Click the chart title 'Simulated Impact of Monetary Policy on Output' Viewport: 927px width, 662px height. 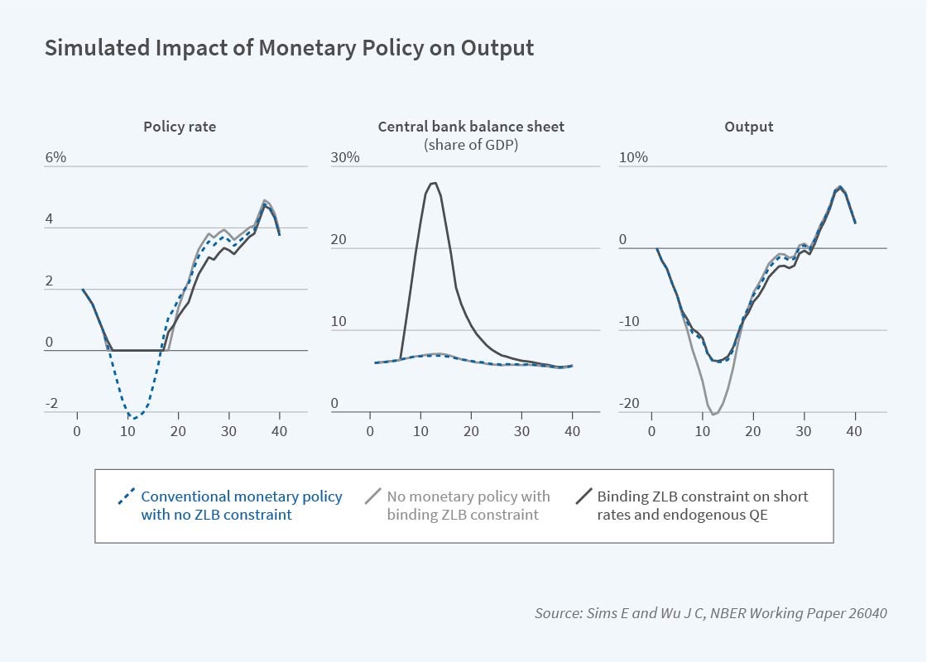pyautogui.click(x=289, y=49)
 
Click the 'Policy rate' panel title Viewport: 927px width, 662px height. pyautogui.click(x=180, y=127)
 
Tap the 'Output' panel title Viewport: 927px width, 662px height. pyautogui.click(x=748, y=127)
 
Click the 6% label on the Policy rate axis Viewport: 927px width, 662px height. pyautogui.click(x=55, y=157)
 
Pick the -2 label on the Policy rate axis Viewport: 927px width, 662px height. pyautogui.click(x=52, y=404)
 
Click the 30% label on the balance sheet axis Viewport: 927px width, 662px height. pyautogui.click(x=345, y=157)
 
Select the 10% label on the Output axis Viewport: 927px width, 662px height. pyautogui.click(x=633, y=157)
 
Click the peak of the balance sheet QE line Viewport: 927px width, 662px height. pyautogui.click(x=434, y=183)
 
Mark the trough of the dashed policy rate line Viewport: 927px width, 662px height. pyautogui.click(x=132, y=419)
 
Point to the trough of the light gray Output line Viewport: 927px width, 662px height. pyautogui.click(x=713, y=414)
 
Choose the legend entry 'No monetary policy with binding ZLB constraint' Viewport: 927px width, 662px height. pyautogui.click(x=468, y=505)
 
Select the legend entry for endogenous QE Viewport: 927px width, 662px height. pyautogui.click(x=702, y=505)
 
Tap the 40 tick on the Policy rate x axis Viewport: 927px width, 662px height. pyautogui.click(x=281, y=431)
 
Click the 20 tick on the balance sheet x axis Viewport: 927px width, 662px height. pyautogui.click(x=471, y=431)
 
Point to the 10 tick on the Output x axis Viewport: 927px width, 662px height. pyautogui.click(x=702, y=431)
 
